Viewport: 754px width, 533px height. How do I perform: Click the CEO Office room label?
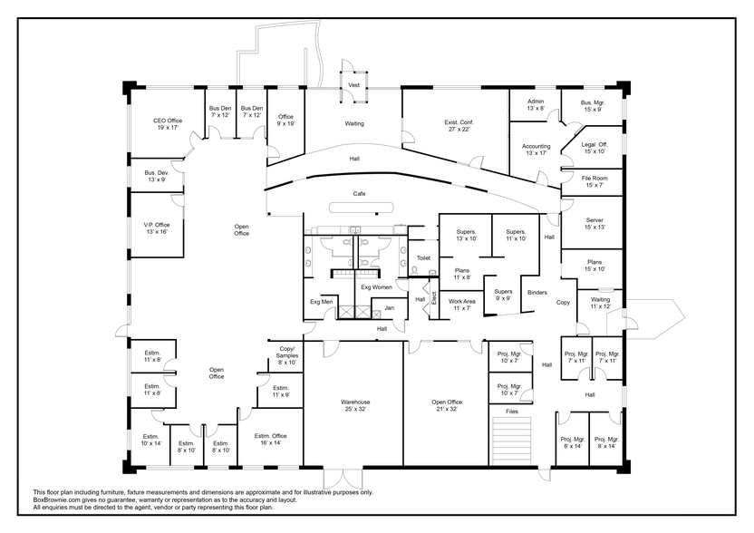pyautogui.click(x=168, y=124)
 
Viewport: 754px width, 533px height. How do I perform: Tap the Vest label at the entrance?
pyautogui.click(x=354, y=85)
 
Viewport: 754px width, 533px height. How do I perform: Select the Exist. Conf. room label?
pyautogui.click(x=459, y=126)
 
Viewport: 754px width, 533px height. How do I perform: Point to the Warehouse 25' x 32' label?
pyautogui.click(x=355, y=405)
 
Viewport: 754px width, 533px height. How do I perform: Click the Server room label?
pyautogui.click(x=594, y=224)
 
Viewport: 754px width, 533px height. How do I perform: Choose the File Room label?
pyautogui.click(x=594, y=181)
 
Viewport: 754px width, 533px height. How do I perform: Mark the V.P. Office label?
pyautogui.click(x=157, y=228)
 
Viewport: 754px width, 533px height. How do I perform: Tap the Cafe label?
pyautogui.click(x=359, y=194)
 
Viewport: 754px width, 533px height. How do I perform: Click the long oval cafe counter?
pyautogui.click(x=362, y=208)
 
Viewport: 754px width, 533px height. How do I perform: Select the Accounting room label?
pyautogui.click(x=536, y=150)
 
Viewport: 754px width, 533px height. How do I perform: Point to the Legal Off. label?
pyautogui.click(x=594, y=148)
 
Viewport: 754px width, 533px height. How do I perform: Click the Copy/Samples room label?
pyautogui.click(x=286, y=355)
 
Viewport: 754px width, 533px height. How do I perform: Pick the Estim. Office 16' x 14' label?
pyautogui.click(x=270, y=440)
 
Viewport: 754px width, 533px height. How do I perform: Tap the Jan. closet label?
pyautogui.click(x=390, y=307)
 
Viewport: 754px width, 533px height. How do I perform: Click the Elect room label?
pyautogui.click(x=433, y=298)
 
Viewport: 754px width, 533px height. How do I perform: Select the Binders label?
pyautogui.click(x=537, y=293)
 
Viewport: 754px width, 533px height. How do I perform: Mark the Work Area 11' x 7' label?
pyautogui.click(x=461, y=305)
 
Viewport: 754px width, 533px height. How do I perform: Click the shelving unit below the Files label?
pyautogui.click(x=512, y=441)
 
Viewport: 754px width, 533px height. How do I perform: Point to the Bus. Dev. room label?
pyautogui.click(x=156, y=176)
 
